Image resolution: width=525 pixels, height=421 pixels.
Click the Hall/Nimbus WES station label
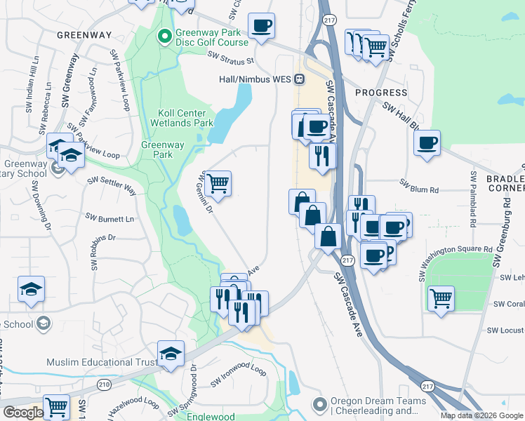[255, 79]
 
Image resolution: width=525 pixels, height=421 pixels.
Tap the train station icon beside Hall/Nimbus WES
[300, 79]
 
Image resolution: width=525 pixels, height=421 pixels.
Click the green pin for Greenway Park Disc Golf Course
[165, 34]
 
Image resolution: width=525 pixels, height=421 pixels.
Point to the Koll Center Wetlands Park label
[182, 118]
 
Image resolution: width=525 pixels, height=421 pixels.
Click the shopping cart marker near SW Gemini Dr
[218, 184]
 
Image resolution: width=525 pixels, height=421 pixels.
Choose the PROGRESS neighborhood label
[381, 93]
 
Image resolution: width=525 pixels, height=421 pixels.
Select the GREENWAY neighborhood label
[84, 34]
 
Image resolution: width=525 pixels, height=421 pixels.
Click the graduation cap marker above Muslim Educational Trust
[171, 354]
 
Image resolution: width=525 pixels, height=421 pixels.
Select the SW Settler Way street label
[112, 184]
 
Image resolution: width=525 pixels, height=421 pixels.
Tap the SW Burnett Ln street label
[109, 218]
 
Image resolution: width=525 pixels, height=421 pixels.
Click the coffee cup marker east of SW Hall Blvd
[427, 145]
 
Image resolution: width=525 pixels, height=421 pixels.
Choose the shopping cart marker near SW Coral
[441, 298]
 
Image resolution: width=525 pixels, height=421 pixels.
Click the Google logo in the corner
[22, 413]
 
